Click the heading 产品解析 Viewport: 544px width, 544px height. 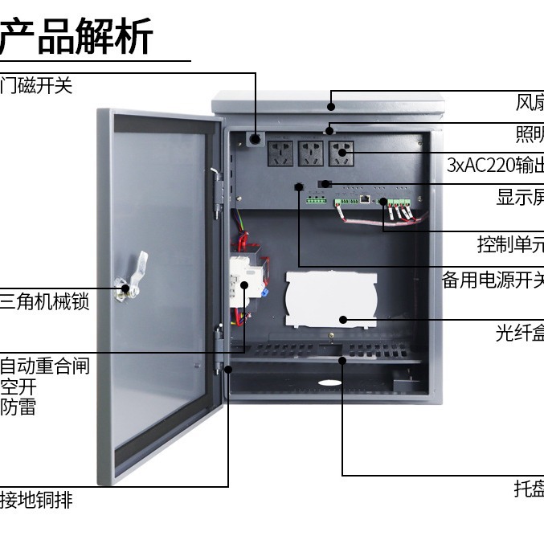coord(76,37)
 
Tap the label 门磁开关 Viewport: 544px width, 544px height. coord(36,86)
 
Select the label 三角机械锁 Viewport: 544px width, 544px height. coord(44,303)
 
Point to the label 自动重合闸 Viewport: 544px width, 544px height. coord(45,366)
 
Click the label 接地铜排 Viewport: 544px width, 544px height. coord(36,500)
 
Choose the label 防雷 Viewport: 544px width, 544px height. coord(18,407)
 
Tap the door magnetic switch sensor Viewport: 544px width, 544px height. coord(256,140)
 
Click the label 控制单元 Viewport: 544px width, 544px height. coord(510,244)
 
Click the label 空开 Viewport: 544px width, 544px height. coord(18,387)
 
